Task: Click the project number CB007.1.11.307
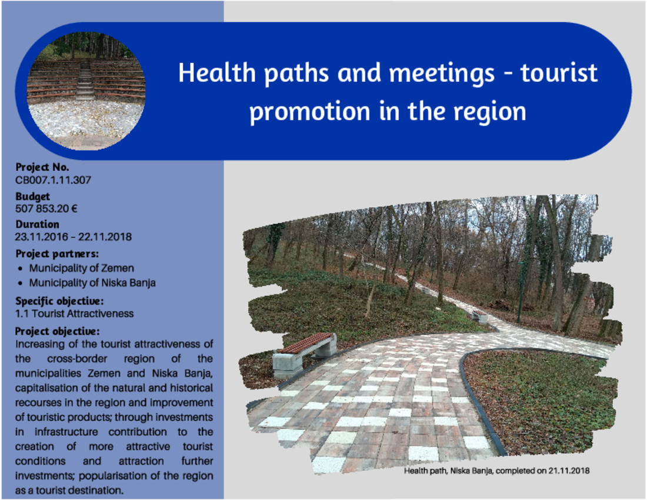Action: (53, 180)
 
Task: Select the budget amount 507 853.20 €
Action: (46, 209)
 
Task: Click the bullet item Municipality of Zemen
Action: (82, 268)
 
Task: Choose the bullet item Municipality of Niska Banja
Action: (92, 283)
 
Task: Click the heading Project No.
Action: (42, 167)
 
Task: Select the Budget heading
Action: (32, 196)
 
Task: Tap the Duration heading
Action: (37, 225)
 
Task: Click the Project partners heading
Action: (57, 254)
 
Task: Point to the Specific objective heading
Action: (59, 301)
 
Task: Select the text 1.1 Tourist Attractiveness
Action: (74, 314)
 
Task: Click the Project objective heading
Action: (58, 331)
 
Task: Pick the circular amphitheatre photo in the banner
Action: (86, 91)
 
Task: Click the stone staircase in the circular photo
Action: (85, 81)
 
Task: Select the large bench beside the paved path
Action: (305, 355)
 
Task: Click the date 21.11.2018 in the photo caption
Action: (569, 471)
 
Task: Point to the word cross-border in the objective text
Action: (77, 359)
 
